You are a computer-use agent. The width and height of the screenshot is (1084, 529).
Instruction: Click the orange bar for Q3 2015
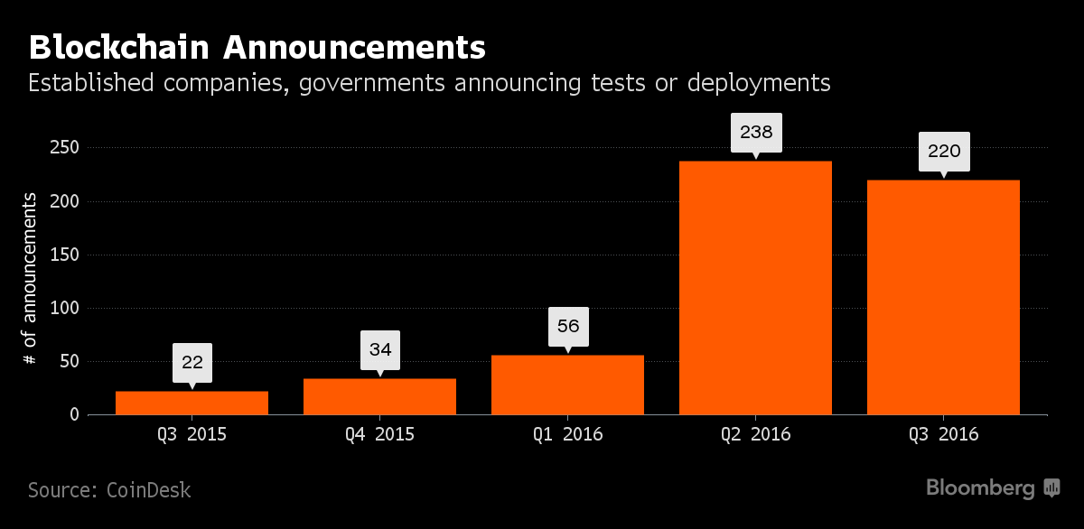[x=192, y=403]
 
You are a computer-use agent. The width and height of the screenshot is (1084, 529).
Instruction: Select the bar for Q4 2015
[x=379, y=396]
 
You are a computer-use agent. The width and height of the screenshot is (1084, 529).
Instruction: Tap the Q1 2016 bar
[x=567, y=385]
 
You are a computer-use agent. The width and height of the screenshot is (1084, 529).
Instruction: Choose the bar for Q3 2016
[x=943, y=297]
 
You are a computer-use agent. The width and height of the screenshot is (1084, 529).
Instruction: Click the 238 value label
[x=756, y=132]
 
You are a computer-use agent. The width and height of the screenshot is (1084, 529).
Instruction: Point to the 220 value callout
[x=944, y=151]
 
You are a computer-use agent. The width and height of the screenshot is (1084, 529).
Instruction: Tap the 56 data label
[x=568, y=326]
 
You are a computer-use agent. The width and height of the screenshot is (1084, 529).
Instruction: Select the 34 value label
[x=380, y=348]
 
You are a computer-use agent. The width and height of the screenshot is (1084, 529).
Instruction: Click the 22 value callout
[x=192, y=363]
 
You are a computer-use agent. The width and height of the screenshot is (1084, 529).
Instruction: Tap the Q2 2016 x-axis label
[x=755, y=434]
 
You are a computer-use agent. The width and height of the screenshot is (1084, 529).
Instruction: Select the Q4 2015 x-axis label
[x=379, y=434]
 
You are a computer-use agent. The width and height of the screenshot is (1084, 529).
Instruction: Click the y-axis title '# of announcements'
[x=30, y=278]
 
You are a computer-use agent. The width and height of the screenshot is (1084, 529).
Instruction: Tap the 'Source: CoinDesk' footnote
[x=109, y=490]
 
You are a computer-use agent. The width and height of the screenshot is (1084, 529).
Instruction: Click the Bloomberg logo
[x=993, y=488]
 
